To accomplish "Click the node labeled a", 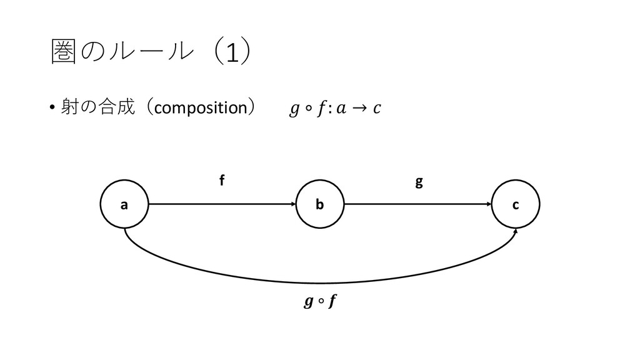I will click(x=124, y=204).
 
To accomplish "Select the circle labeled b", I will click(x=319, y=204).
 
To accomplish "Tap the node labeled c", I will click(x=516, y=204).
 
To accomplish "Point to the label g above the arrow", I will click(x=419, y=182).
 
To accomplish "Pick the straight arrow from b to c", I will click(x=416, y=204).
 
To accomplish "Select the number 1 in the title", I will click(x=232, y=56).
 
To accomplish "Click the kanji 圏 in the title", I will click(x=62, y=54).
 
